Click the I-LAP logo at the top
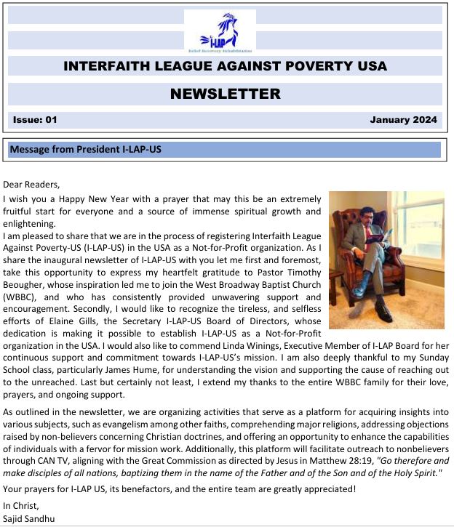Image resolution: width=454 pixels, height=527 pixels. [219, 31]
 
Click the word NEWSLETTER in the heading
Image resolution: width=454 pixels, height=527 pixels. [225, 94]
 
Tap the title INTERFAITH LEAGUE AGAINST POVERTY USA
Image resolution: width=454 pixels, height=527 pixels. [225, 66]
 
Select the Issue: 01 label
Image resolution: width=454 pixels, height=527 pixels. [34, 119]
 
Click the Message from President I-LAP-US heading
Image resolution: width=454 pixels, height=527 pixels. [85, 150]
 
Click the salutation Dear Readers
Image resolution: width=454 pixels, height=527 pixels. [32, 185]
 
